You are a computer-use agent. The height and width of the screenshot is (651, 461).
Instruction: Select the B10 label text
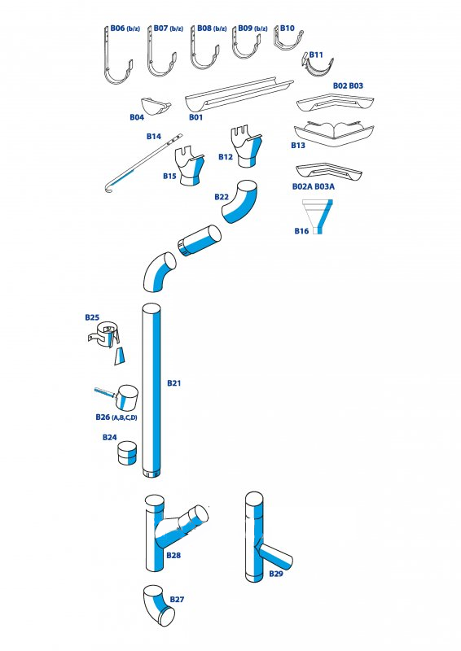(288, 28)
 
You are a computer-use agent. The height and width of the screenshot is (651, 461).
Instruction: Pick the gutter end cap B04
(155, 107)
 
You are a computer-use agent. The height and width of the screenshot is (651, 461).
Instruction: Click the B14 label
(154, 136)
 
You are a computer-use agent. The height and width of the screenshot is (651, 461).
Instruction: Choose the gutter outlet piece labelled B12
(246, 147)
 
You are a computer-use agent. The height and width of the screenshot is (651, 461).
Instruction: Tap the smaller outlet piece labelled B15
(191, 165)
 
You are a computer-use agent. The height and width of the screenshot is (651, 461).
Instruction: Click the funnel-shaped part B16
(318, 216)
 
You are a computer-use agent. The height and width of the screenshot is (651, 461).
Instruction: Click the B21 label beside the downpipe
(174, 382)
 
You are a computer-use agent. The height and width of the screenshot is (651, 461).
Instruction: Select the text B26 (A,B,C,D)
(116, 417)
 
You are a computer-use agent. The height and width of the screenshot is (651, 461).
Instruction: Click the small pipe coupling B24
(127, 453)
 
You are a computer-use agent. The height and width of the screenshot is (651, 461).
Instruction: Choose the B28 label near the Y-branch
(173, 555)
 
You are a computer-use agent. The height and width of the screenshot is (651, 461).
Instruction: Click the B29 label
(276, 574)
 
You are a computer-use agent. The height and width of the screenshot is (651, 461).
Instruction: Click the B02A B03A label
(314, 187)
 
